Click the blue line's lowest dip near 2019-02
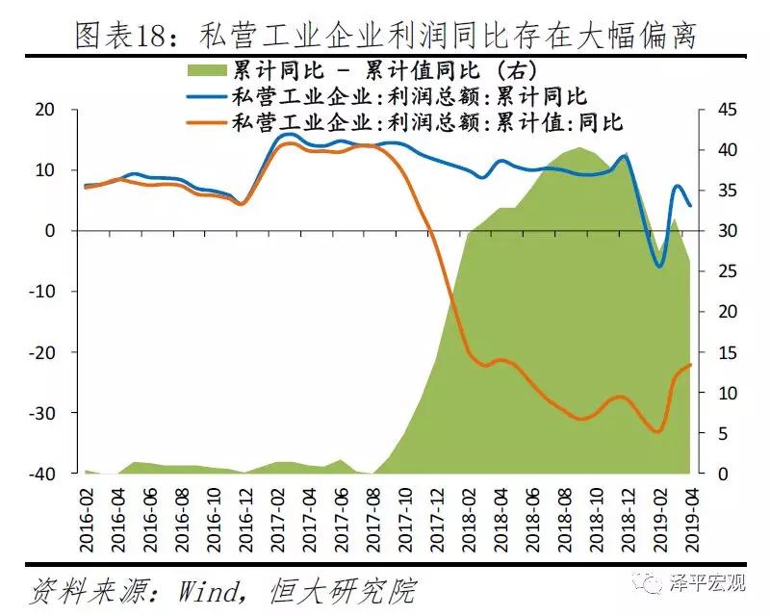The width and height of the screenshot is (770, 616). pyautogui.click(x=659, y=266)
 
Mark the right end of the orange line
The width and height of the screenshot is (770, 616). pyautogui.click(x=690, y=365)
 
